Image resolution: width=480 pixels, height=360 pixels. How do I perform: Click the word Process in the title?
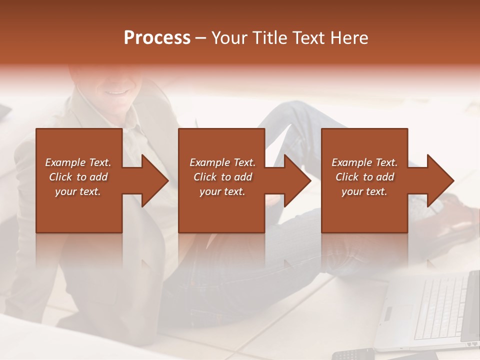157,38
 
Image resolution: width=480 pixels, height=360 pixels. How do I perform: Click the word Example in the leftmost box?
65,162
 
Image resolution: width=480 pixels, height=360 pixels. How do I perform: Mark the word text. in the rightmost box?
376,191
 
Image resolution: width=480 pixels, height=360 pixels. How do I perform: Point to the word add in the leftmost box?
98,177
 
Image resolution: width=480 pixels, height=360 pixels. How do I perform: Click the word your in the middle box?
209,191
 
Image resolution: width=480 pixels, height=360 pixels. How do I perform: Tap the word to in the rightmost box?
368,177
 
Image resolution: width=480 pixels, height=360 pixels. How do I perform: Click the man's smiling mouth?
116,91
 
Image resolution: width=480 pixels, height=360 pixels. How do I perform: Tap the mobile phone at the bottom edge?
353,354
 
